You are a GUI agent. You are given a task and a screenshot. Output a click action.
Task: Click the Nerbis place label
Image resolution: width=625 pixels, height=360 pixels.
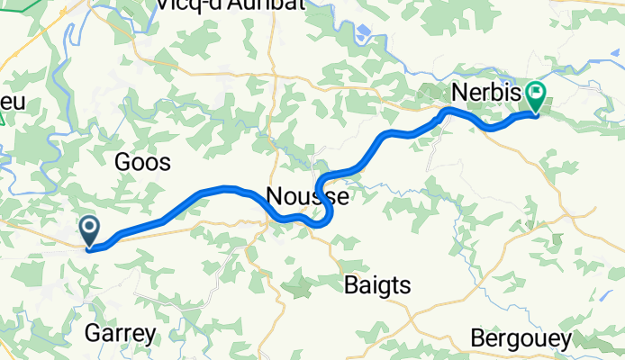[x=476, y=94]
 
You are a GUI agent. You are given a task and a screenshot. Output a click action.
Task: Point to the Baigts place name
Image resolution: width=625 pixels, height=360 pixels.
[x=378, y=285]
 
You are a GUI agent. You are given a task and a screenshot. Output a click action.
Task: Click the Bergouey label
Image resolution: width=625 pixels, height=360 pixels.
[x=521, y=338]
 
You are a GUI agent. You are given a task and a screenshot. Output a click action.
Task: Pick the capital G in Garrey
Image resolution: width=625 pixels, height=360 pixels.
[x=92, y=334]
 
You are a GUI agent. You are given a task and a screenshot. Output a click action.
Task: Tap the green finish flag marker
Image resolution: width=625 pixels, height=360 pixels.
[x=537, y=93]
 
